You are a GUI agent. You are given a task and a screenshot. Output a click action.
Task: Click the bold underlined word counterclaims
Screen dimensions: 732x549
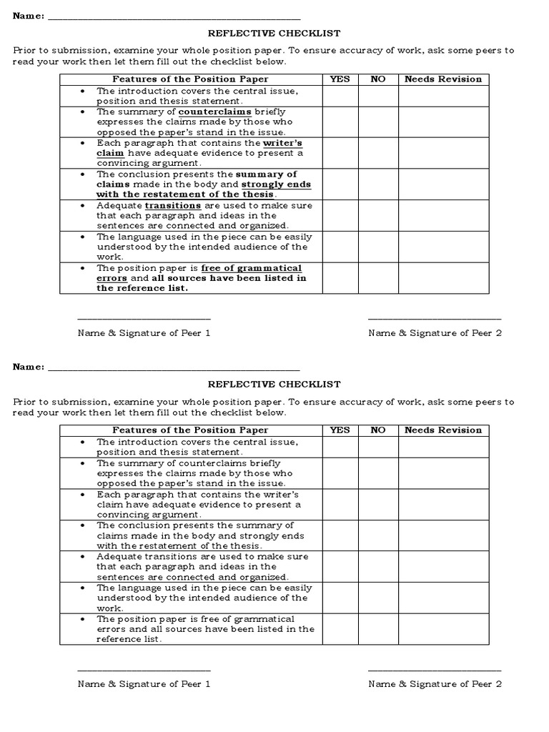tap(209, 112)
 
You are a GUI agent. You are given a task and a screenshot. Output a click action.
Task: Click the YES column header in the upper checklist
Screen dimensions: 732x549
tap(340, 79)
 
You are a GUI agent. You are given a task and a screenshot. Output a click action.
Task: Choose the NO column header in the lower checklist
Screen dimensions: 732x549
tap(378, 430)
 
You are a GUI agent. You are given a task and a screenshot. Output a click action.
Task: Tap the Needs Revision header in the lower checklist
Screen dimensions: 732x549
tap(443, 430)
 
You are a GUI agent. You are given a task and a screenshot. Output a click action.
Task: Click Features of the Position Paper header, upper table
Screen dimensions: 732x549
tap(190, 79)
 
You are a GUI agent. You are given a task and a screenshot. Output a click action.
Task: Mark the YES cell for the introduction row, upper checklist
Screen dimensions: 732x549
tap(340, 96)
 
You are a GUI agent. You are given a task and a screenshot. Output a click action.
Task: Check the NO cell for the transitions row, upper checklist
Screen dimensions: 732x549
tap(378, 215)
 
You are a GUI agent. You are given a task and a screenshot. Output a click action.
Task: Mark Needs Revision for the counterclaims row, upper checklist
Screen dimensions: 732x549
tap(443, 122)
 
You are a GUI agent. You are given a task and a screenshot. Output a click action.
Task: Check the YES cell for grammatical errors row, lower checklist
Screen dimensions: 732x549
tap(340, 629)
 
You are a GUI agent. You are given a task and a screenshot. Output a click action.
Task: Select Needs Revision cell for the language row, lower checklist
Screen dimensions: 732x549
tap(443, 598)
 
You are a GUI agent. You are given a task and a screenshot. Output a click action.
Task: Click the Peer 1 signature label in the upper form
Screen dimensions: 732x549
tap(144, 333)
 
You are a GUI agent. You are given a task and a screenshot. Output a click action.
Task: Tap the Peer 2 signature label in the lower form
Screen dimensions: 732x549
tap(435, 684)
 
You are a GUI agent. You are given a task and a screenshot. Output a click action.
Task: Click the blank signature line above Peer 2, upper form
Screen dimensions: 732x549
tap(435, 319)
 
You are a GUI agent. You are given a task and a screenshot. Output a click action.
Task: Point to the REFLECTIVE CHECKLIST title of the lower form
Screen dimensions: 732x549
tap(274, 384)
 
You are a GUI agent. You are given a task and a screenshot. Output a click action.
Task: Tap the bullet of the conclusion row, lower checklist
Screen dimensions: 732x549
tap(84, 525)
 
